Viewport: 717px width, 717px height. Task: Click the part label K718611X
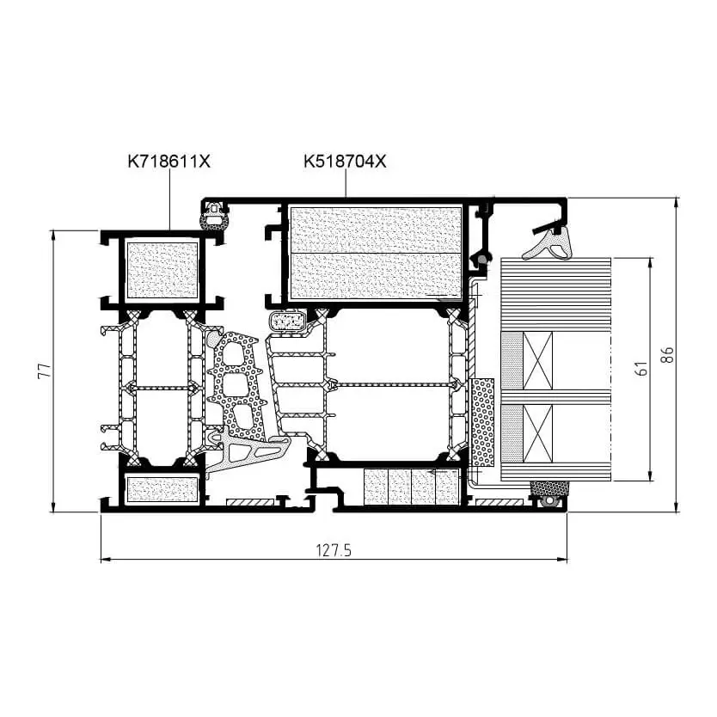point(169,160)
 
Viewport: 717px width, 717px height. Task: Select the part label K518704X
point(345,160)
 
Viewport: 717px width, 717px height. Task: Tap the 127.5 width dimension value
point(334,551)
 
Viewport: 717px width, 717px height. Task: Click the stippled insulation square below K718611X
point(162,270)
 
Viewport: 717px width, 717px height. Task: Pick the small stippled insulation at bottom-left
point(162,489)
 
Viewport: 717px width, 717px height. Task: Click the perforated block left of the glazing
point(484,421)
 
